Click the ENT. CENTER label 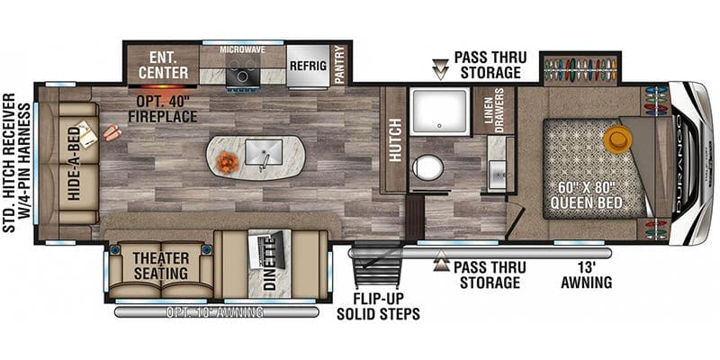(x=164, y=65)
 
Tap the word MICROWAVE (x=243, y=49)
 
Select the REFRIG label (x=308, y=65)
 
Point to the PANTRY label (x=340, y=64)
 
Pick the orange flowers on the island (x=228, y=162)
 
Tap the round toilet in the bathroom (x=427, y=167)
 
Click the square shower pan (x=440, y=112)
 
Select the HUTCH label (x=395, y=139)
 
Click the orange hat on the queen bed (x=617, y=139)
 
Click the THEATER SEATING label (x=160, y=265)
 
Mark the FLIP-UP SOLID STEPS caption (x=378, y=306)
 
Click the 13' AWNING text (x=587, y=274)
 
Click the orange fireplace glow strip (x=163, y=86)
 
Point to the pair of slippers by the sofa (x=112, y=132)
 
